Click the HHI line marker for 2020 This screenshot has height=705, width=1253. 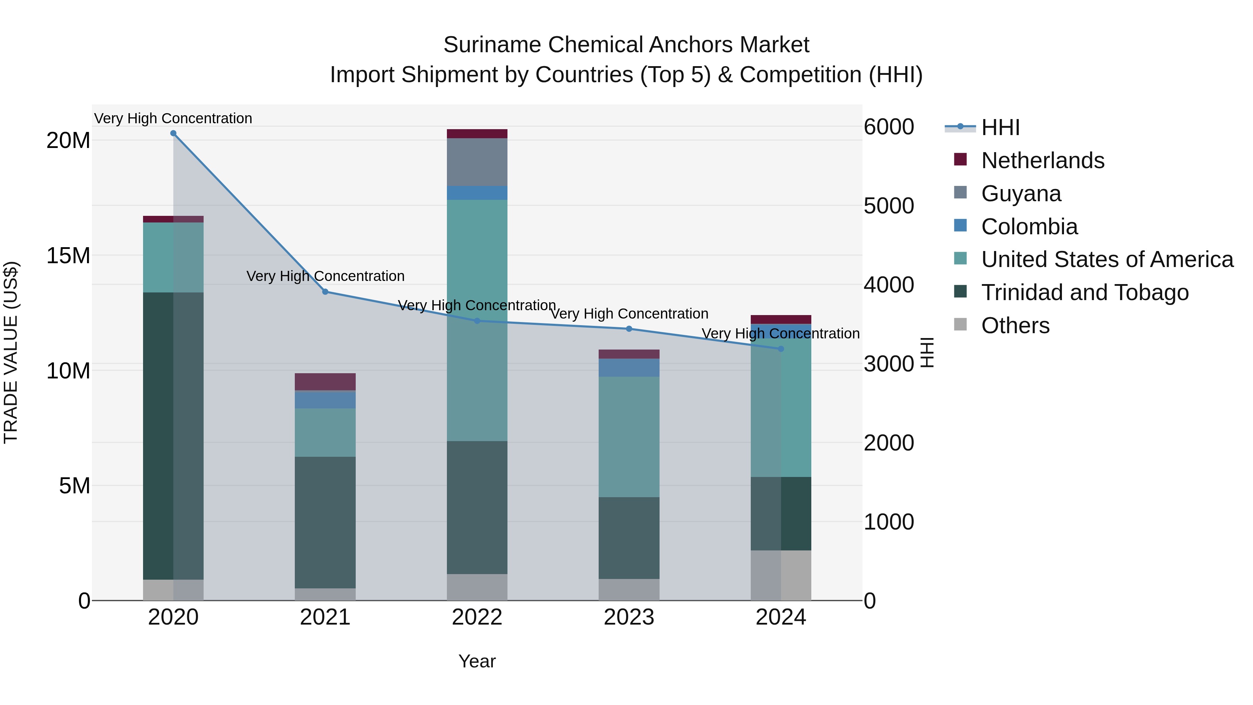click(x=173, y=133)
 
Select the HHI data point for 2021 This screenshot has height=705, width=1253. click(x=325, y=292)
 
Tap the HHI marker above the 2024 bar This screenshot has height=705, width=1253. click(x=781, y=349)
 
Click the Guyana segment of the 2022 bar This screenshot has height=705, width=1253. click(x=477, y=162)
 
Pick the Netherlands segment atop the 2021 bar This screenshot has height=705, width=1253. click(x=325, y=382)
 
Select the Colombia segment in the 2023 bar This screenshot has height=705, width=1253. click(x=629, y=368)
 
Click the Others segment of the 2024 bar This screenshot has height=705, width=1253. click(x=781, y=575)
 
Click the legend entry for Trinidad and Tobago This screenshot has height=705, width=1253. click(x=1084, y=292)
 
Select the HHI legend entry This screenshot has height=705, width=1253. click(x=1000, y=127)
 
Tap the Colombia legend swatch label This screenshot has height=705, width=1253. click(x=1029, y=227)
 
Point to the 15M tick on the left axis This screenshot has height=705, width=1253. click(x=68, y=256)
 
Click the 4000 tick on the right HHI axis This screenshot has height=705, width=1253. click(x=889, y=285)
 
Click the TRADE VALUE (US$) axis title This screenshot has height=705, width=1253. click(x=11, y=352)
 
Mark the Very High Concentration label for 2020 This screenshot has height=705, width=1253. click(x=173, y=119)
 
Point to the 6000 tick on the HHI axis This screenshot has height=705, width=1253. click(x=889, y=127)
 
